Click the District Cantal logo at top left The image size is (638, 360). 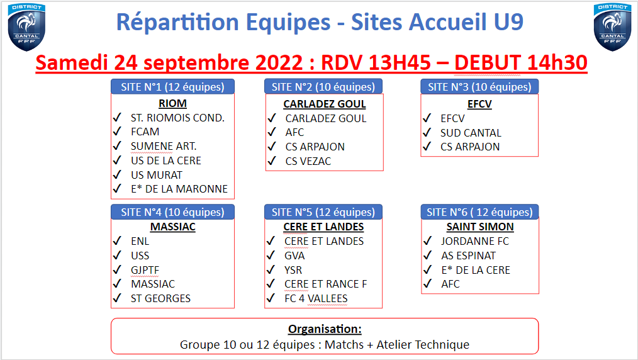26,27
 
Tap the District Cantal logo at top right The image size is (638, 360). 612,27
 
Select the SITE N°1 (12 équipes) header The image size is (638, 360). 172,87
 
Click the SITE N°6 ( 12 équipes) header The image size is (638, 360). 479,212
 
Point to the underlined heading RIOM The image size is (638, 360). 172,103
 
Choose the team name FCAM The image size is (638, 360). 145,132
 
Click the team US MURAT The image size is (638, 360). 157,175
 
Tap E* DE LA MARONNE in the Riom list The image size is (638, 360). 179,189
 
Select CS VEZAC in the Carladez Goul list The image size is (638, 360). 308,161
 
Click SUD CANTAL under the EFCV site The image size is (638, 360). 471,133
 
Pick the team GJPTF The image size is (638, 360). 145,270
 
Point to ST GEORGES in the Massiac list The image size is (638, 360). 160,298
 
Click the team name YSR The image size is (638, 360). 293,270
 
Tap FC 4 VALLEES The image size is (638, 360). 316,298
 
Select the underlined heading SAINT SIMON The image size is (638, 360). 480,227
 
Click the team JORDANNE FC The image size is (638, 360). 475,241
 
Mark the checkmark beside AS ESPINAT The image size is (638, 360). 427,256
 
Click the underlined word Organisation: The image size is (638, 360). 325,329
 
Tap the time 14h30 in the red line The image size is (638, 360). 557,63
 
